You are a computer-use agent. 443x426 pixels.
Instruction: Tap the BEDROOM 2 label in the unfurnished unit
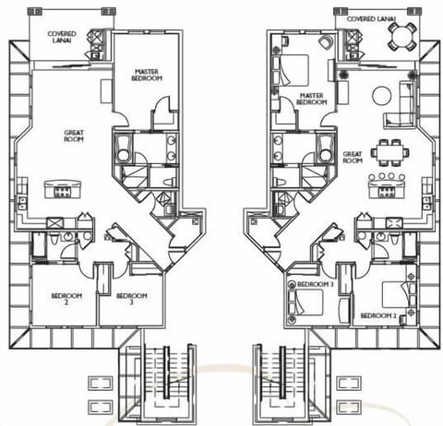[x=66, y=298]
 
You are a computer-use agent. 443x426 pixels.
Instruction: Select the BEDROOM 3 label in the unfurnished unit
[x=131, y=298]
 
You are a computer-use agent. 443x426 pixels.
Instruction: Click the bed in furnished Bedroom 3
[x=305, y=302]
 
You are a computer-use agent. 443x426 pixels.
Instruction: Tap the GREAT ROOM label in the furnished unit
[x=352, y=158]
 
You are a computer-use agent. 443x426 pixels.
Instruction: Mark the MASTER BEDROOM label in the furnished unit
[x=311, y=98]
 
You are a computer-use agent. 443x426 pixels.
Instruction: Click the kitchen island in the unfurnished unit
[x=63, y=189]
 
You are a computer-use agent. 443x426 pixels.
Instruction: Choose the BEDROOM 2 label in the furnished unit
[x=378, y=316]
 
